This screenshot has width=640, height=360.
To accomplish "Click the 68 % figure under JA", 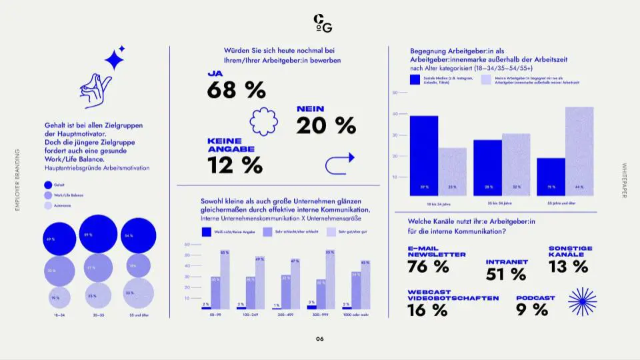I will pyautogui.click(x=236, y=89).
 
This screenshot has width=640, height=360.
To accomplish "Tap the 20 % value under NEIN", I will pyautogui.click(x=325, y=125).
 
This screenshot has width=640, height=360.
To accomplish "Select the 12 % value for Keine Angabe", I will pyautogui.click(x=235, y=165).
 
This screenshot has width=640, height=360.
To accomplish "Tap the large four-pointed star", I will pyautogui.click(x=114, y=61).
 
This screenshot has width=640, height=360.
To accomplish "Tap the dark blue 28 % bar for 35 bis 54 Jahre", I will pyautogui.click(x=487, y=168).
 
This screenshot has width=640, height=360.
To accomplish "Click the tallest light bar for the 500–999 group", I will pyautogui.click(x=330, y=280).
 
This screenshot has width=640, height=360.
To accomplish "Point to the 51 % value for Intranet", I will pyautogui.click(x=506, y=273).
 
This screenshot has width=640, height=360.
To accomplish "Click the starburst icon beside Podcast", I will pyautogui.click(x=582, y=301).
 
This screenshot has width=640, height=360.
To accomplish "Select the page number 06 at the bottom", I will pyautogui.click(x=320, y=339).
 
